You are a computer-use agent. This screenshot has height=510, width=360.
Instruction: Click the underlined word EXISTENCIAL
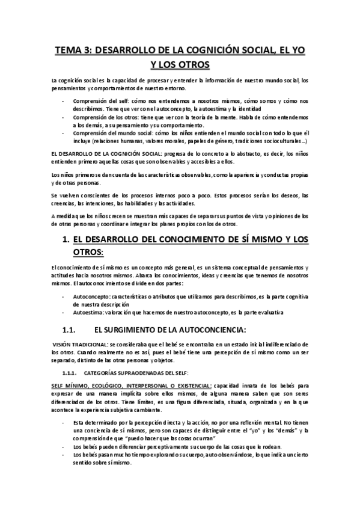188,385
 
